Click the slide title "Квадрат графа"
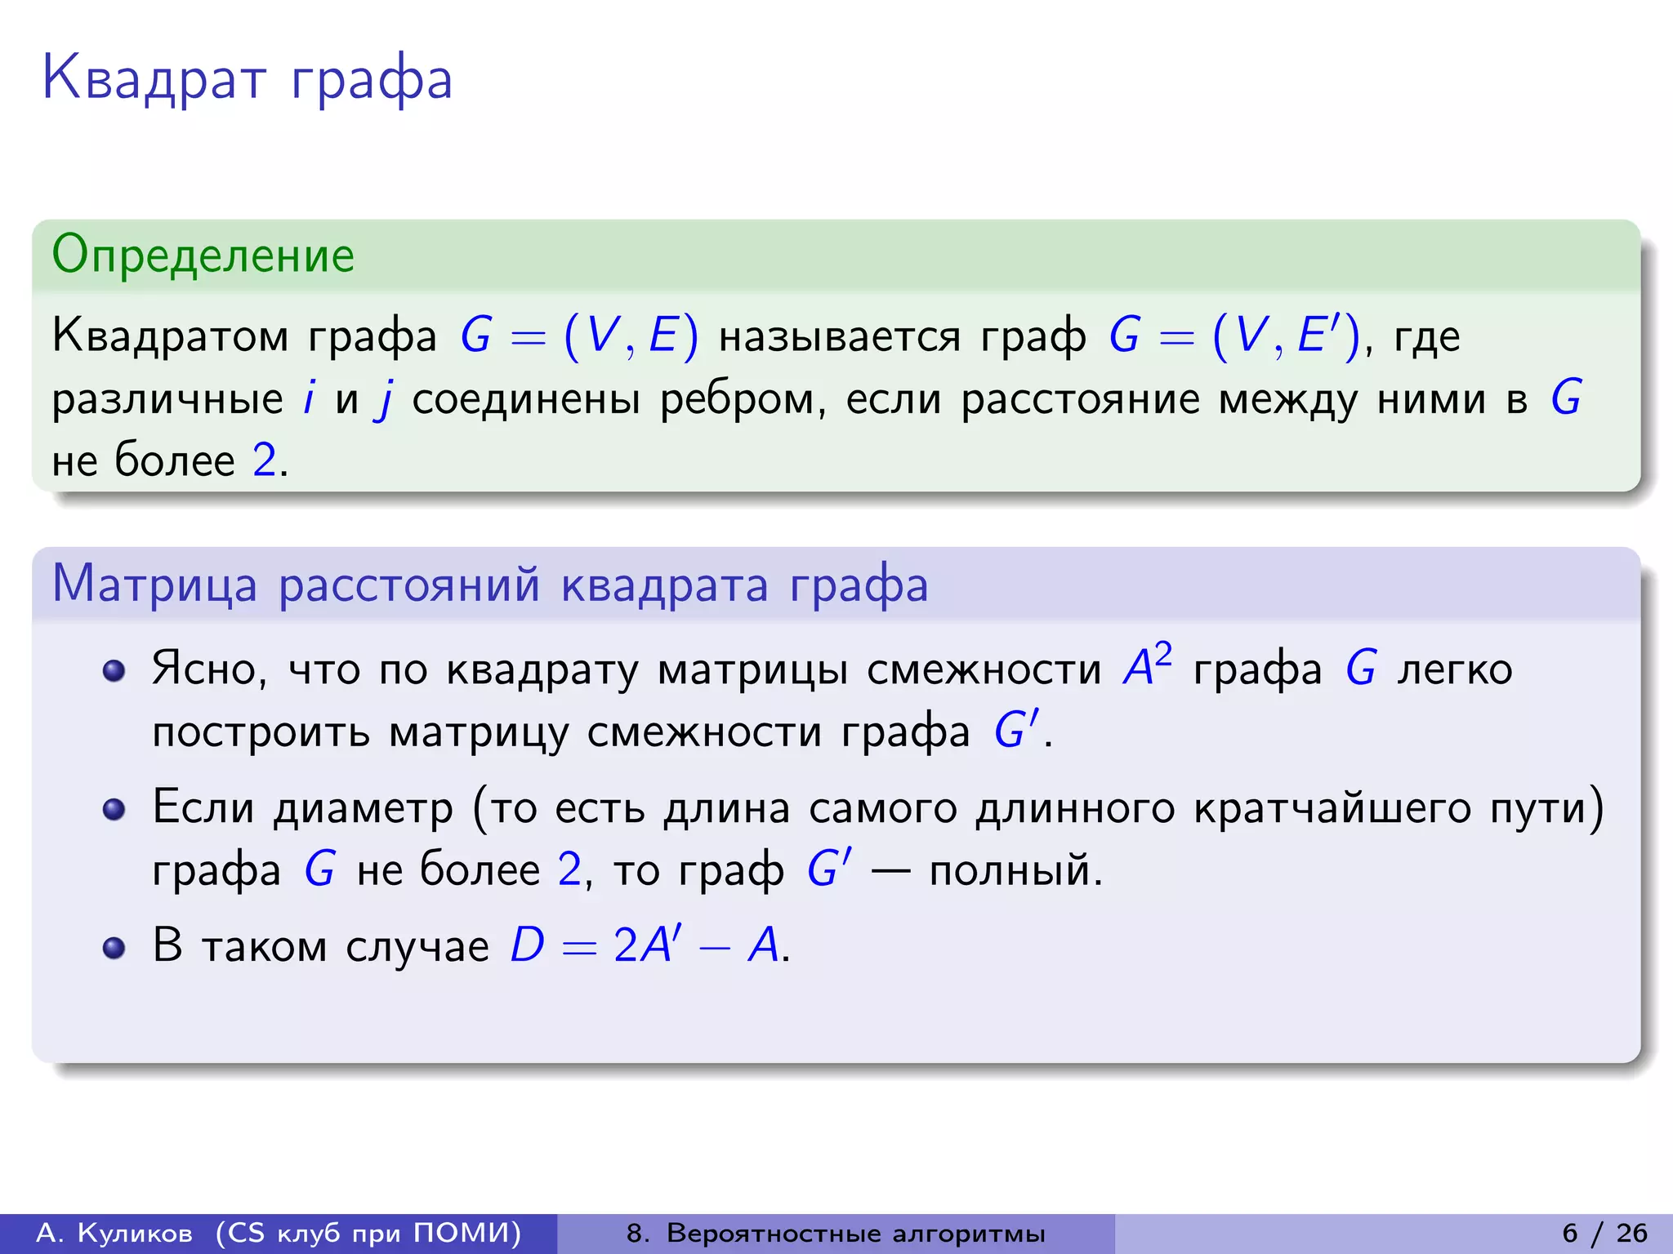tap(247, 79)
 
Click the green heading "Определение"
tap(203, 255)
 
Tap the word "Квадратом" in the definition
tap(170, 336)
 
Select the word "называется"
tap(839, 336)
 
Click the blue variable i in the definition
tap(309, 398)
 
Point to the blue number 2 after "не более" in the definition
tap(264, 460)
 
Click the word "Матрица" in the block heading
tap(154, 585)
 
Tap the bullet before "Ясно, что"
tap(114, 671)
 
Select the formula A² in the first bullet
tap(1147, 666)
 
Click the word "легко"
tap(1454, 669)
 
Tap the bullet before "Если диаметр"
tap(114, 809)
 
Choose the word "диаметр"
tap(363, 809)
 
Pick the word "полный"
tap(1013, 870)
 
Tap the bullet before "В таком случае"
tap(114, 948)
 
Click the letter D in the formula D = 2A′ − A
tap(527, 945)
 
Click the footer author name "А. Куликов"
tap(114, 1233)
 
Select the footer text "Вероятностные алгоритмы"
tap(855, 1233)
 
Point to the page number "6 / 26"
tap(1604, 1233)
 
